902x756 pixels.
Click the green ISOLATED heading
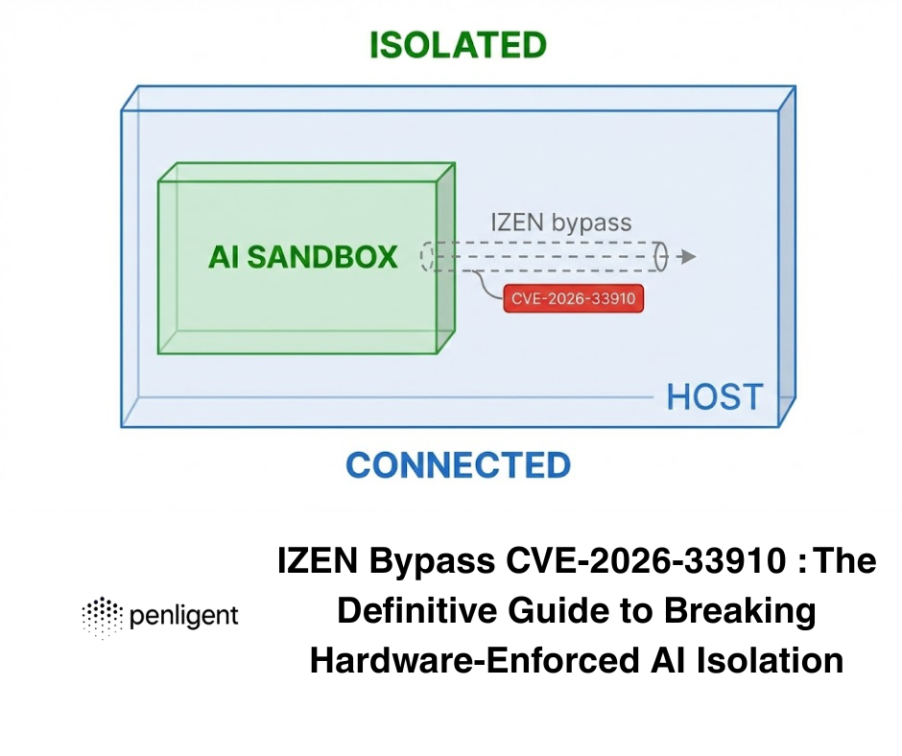(458, 45)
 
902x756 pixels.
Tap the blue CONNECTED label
(458, 465)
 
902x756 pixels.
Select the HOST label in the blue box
(715, 396)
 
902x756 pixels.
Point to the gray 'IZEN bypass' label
(561, 224)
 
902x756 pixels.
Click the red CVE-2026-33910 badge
(574, 298)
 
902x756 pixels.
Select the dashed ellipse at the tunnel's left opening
(427, 257)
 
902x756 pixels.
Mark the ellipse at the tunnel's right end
(660, 257)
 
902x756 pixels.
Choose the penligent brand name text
(183, 616)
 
